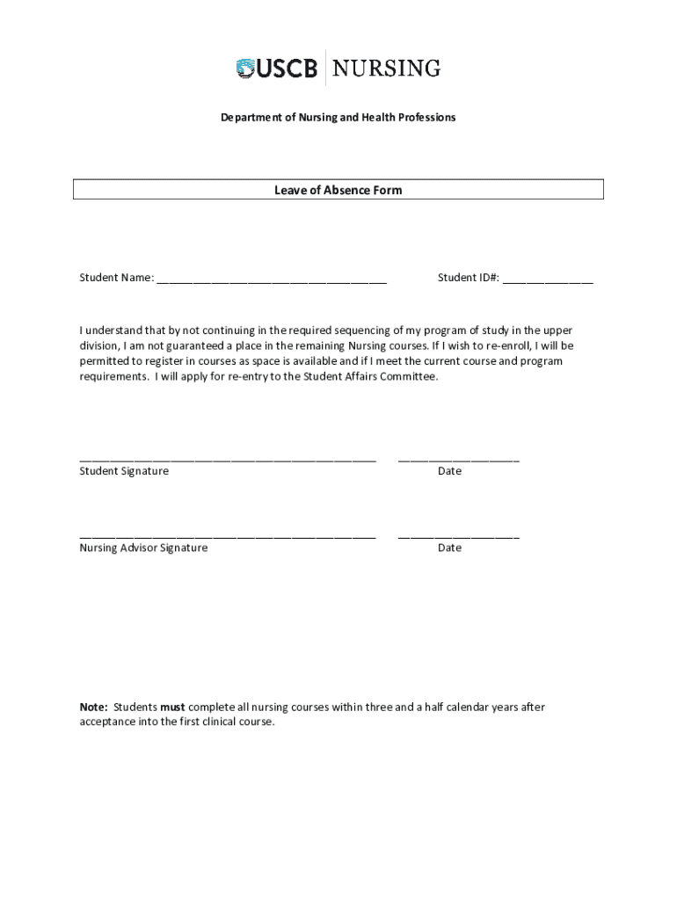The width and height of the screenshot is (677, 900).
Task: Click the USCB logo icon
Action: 245,68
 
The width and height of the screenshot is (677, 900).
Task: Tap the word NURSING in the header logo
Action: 387,68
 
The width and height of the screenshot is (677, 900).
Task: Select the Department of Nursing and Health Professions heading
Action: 338,117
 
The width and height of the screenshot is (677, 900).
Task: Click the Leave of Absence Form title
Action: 338,190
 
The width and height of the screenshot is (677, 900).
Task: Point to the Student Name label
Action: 116,278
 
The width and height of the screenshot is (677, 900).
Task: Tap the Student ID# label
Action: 469,278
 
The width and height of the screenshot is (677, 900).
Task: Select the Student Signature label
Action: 124,471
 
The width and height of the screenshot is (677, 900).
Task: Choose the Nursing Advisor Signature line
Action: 228,536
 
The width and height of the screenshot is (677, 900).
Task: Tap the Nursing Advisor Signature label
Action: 143,548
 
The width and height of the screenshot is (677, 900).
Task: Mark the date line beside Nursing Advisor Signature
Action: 458,536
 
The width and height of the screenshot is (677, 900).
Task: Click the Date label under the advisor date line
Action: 449,548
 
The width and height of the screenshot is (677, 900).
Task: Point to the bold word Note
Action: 93,707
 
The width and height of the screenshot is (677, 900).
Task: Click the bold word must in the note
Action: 172,707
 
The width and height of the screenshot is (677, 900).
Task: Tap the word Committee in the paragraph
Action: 406,376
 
